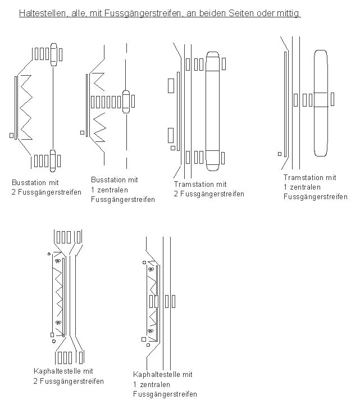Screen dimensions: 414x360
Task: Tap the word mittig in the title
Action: click(x=288, y=12)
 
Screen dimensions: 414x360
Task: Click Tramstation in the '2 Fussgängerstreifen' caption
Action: click(x=193, y=184)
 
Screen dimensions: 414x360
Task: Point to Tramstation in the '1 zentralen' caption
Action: click(x=302, y=178)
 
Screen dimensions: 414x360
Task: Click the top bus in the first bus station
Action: click(x=54, y=54)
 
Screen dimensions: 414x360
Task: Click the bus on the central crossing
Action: click(x=126, y=102)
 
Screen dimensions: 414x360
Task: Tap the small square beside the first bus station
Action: click(x=11, y=135)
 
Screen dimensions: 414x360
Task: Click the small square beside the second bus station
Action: click(x=82, y=133)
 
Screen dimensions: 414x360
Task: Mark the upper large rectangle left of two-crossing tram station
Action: click(x=171, y=85)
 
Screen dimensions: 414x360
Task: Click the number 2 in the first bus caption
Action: click(x=14, y=192)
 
